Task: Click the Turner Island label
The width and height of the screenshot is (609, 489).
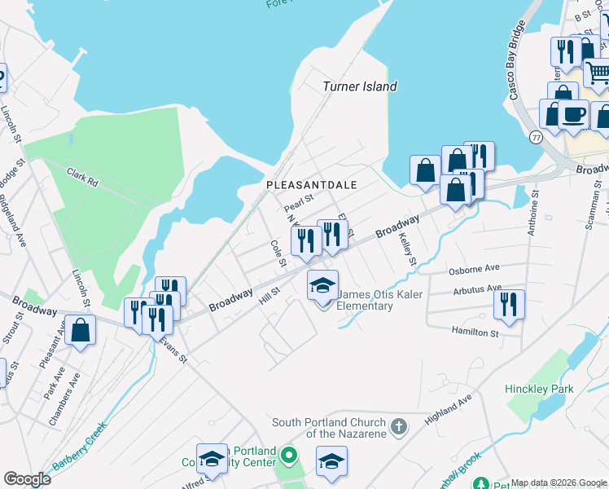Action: point(359,86)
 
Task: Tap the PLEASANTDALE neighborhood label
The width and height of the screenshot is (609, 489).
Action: point(312,186)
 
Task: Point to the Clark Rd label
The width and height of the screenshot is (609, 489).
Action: point(82,178)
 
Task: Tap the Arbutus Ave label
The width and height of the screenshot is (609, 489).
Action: point(477,289)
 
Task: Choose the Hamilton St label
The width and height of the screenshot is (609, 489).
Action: point(475,332)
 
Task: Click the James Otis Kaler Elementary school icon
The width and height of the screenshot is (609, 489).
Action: point(322,286)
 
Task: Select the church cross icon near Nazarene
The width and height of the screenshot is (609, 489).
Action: point(398,426)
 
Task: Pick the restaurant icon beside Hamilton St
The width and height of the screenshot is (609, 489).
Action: point(509,305)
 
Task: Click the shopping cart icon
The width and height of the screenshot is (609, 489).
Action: point(597,73)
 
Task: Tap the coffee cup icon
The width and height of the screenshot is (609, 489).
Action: point(573,115)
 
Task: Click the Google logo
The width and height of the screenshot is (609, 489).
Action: point(26,479)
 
